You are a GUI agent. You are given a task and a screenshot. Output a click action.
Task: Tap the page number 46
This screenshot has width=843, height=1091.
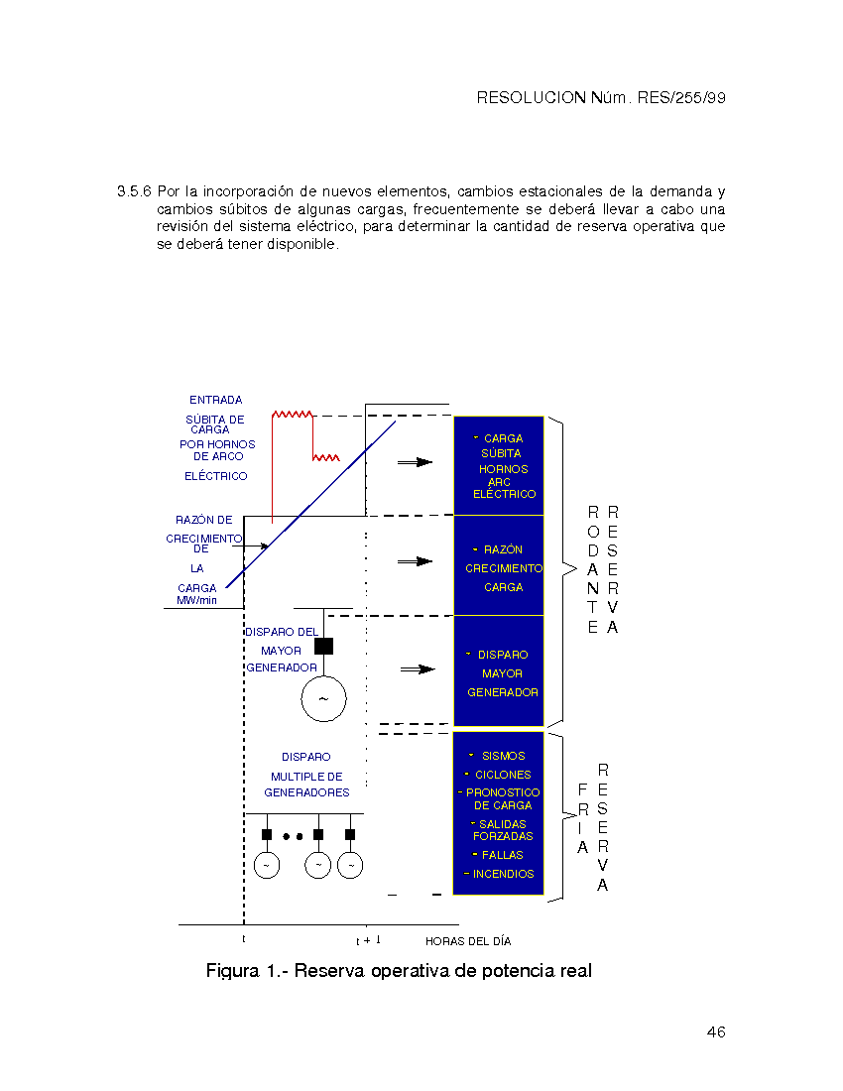(716, 1032)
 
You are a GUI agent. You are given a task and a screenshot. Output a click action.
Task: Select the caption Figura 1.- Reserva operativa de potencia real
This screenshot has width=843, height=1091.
(399, 970)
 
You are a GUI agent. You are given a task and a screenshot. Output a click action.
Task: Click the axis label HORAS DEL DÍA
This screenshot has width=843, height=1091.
(468, 941)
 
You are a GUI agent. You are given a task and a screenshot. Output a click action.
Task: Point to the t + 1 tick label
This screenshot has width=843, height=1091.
(368, 940)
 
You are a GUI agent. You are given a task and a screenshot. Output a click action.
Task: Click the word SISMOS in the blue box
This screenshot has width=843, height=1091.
(503, 756)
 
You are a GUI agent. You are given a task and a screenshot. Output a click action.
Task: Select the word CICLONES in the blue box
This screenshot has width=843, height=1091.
(503, 775)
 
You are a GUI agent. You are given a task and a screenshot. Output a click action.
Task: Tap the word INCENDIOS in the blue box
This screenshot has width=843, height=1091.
(503, 874)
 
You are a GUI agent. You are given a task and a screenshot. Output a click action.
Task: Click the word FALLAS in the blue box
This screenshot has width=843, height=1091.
(503, 855)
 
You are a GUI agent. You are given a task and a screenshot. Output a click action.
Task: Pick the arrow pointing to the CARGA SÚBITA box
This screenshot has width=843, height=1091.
(416, 461)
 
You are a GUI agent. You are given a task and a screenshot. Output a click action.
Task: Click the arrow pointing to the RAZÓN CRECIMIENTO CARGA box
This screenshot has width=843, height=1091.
(416, 561)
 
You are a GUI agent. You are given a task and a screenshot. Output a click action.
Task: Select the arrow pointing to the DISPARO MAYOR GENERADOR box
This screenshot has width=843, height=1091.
(418, 669)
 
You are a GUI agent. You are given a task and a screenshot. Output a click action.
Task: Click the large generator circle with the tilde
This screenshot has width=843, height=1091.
(323, 698)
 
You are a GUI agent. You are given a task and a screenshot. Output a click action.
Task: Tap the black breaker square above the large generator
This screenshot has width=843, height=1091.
(323, 646)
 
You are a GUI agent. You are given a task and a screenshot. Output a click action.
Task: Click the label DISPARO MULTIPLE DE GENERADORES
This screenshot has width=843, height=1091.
(306, 775)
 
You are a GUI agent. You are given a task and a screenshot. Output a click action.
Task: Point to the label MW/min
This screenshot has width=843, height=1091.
(196, 600)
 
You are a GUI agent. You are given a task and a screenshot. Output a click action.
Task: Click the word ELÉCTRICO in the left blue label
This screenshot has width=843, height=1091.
(216, 476)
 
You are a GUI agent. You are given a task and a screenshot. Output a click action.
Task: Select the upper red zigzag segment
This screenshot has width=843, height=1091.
(293, 415)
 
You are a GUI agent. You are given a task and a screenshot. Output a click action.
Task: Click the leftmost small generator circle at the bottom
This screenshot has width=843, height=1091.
(266, 865)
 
